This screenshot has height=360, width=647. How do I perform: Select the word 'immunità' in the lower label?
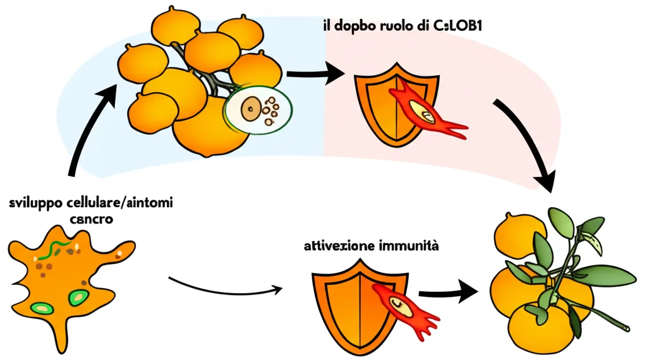408,245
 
